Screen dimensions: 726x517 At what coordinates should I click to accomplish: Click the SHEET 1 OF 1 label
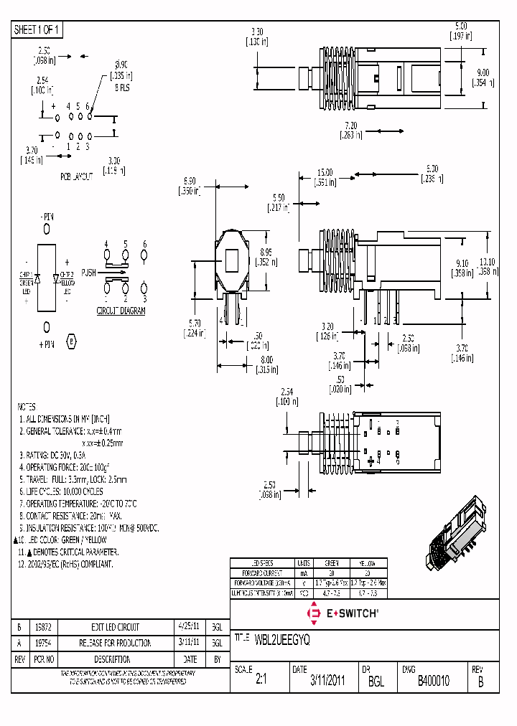[x=38, y=30]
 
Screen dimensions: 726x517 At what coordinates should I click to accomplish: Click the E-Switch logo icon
[x=313, y=613]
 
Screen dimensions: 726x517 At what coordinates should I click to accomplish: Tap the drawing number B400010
[x=433, y=681]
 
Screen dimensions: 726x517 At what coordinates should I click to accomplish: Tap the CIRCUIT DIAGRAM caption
[x=121, y=311]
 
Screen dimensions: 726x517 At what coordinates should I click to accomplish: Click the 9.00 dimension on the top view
[x=483, y=72]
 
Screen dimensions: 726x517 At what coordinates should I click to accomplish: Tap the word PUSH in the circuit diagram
[x=88, y=273]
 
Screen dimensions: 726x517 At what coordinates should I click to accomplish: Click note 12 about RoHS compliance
[x=65, y=565]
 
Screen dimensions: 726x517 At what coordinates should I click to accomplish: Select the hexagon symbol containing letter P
[x=70, y=341]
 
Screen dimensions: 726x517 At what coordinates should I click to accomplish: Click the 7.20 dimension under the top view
[x=350, y=125]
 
